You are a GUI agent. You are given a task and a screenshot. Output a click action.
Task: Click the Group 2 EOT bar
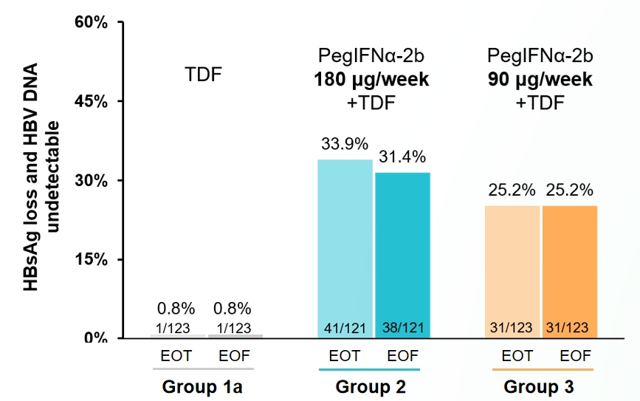pos(345,248)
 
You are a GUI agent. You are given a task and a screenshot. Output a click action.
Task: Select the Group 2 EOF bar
pos(402,255)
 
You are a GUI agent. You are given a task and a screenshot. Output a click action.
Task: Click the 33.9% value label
pos(344,145)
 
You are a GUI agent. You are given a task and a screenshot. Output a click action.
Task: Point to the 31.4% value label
pos(402,157)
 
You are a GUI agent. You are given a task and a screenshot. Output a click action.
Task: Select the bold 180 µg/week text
pos(372,80)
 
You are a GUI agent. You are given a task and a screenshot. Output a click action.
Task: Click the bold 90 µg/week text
pos(540,80)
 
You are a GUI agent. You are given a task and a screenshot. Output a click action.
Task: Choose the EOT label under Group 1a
pos(176,356)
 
